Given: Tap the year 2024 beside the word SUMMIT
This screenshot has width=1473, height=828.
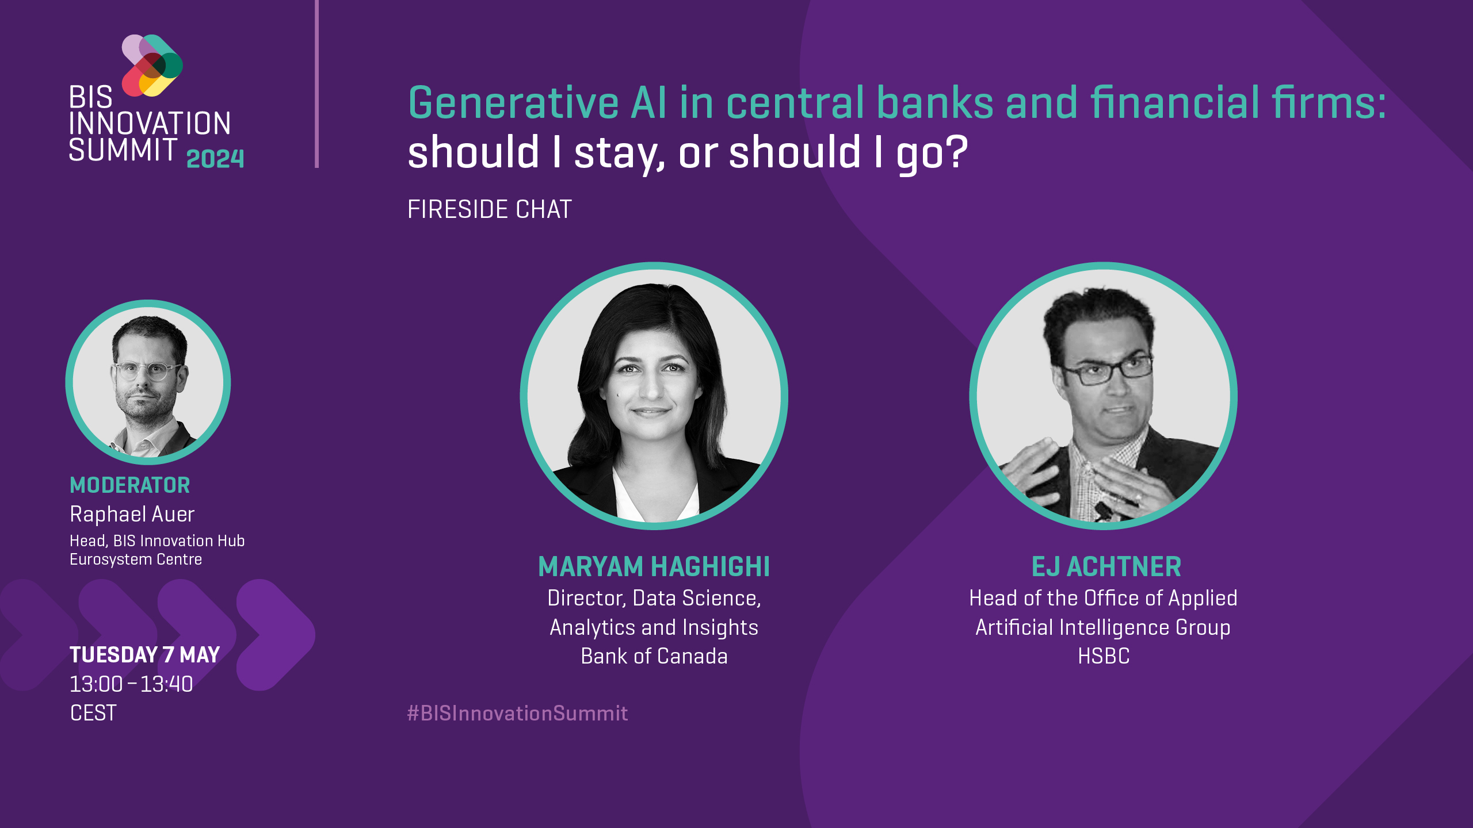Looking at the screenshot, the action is coord(215,159).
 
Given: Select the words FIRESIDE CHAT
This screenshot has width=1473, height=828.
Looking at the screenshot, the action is coord(490,209).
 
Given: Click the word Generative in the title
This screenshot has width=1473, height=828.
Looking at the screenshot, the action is coord(513,102).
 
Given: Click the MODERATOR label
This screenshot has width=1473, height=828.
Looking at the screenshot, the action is coord(130,485).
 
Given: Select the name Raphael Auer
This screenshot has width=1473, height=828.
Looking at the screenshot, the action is coord(132,513).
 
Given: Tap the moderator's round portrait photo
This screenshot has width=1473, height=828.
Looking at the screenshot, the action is coord(148,382).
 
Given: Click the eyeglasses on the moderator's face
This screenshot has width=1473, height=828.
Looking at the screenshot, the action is coord(147,370).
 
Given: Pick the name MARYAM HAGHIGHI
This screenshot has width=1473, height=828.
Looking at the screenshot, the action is coord(654,566).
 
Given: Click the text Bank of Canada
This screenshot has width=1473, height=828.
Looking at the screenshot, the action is coord(654,656).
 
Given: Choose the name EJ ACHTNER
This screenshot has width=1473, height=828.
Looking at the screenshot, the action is coord(1106,566).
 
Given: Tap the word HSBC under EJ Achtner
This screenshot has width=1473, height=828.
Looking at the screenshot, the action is coord(1104,656).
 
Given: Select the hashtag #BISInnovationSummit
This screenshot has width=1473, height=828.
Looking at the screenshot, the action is coord(517,713).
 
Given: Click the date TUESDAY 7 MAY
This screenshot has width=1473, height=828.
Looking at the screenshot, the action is coord(145,654).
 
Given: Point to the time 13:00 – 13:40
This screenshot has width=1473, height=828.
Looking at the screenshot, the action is coord(131,684).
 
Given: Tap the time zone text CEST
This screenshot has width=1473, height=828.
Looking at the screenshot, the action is coord(93,713).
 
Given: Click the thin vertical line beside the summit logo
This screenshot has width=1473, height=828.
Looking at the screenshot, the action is coord(316,84).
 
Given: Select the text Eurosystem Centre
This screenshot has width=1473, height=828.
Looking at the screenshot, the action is coord(136,559).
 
